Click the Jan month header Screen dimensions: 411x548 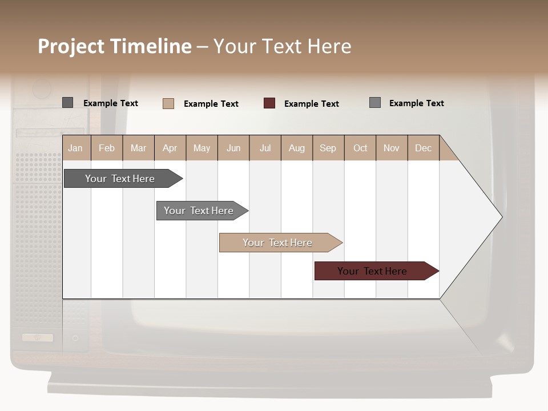(x=76, y=148)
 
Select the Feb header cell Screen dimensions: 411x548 (x=107, y=148)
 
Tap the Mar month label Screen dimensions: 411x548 (x=138, y=148)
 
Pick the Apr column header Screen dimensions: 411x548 (x=170, y=148)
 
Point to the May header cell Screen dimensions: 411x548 (x=202, y=148)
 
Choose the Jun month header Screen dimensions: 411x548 (x=233, y=148)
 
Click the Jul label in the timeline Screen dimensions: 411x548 (x=265, y=148)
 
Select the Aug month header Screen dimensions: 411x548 (x=297, y=148)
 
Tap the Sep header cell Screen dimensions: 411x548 (x=328, y=148)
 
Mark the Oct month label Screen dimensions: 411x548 (x=360, y=148)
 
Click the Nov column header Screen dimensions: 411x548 (x=392, y=148)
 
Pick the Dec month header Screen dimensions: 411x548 (x=424, y=148)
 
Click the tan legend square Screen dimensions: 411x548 (x=168, y=103)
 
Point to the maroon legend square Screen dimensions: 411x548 (x=269, y=103)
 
